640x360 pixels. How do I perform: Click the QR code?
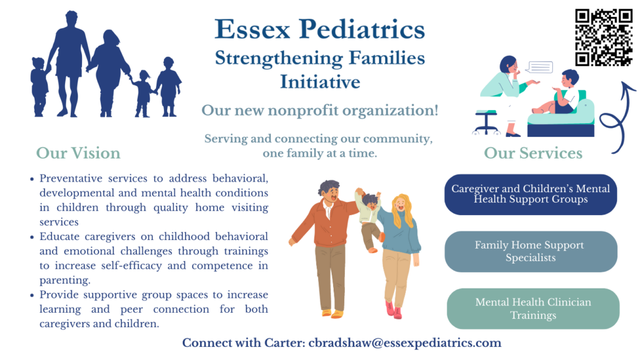604,37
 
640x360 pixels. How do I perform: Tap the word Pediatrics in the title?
362,29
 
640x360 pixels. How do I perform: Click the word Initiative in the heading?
320,81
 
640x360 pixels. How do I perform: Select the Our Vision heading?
78,153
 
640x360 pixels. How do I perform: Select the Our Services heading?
533,153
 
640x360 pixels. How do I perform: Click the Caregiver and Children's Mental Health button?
531,195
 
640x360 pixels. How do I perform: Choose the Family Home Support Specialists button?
531,252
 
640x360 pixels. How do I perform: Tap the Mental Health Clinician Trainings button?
533,309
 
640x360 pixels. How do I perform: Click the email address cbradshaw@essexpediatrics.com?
405,343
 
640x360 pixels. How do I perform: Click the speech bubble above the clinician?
539,67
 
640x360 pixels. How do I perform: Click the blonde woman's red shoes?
393,310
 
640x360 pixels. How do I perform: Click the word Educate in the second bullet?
59,237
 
